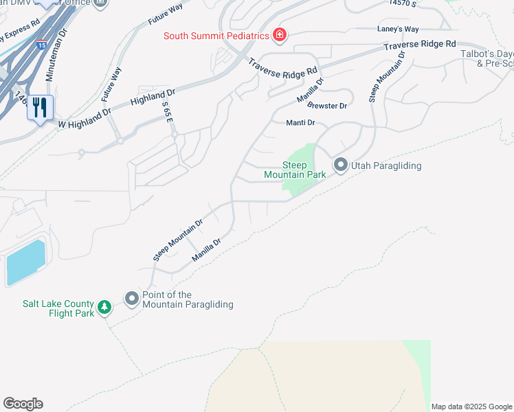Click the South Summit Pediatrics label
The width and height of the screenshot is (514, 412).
pos(216,36)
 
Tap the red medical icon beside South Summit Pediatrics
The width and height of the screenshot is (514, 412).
pos(280,34)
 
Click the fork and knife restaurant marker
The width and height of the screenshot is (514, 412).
pos(40,108)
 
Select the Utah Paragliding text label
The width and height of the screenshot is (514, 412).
pos(386,165)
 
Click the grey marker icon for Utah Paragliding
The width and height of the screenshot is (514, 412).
pos(339,165)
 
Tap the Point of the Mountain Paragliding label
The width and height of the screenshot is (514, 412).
pos(188,299)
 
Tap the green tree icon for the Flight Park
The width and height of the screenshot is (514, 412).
pos(104,307)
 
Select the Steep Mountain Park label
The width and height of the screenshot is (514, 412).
pos(295,170)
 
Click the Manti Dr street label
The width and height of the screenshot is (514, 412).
pos(300,123)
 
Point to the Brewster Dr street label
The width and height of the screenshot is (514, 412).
pos(327,106)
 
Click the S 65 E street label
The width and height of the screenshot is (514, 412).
pos(168,112)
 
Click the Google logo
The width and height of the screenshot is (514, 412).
pos(23,404)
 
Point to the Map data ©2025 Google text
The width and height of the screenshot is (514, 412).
pos(471,407)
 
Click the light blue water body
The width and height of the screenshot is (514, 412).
pos(25,262)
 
